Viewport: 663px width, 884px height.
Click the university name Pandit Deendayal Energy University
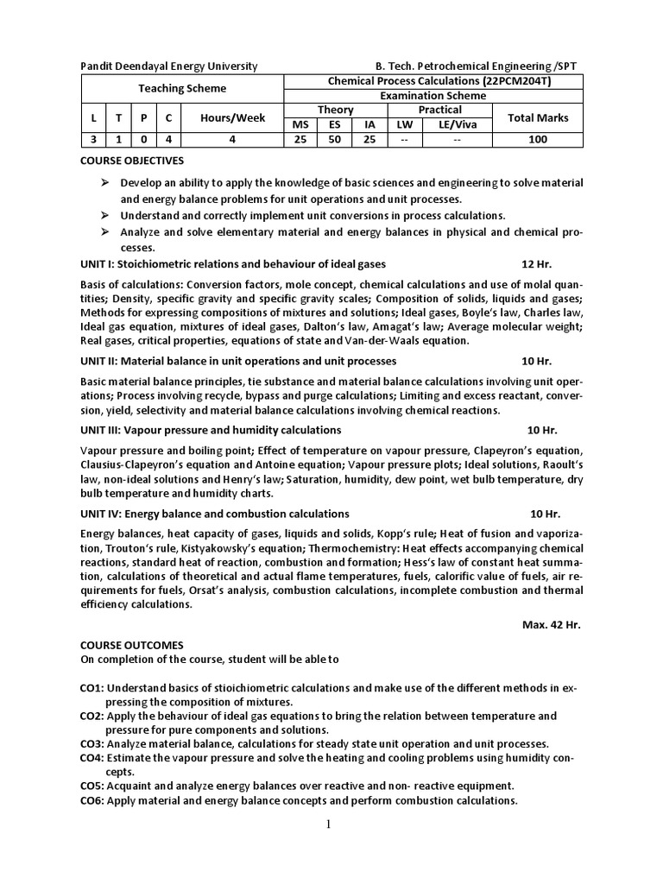(168, 66)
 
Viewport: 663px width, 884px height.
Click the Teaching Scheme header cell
(182, 88)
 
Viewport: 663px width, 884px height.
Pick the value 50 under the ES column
(333, 139)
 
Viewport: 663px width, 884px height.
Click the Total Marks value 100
(538, 139)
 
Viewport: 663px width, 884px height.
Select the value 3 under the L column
(94, 139)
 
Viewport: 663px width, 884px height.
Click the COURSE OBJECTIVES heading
(132, 161)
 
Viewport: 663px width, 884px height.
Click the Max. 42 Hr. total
(552, 625)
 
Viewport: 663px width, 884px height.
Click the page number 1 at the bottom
(329, 824)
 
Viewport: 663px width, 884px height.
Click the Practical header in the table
(439, 110)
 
